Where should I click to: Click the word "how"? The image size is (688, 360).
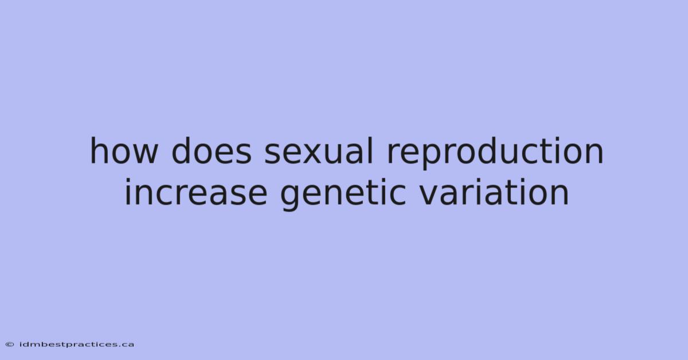(x=124, y=151)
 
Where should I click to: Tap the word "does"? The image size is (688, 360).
(x=212, y=151)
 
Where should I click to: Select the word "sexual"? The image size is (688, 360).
(x=319, y=151)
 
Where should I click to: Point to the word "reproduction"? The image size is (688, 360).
(x=495, y=152)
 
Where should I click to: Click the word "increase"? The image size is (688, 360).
(x=196, y=191)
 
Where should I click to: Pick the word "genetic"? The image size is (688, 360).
(x=343, y=194)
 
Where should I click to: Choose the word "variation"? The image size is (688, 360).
(x=494, y=191)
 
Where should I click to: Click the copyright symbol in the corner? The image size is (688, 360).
(x=10, y=345)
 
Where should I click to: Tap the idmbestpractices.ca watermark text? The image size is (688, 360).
(x=76, y=345)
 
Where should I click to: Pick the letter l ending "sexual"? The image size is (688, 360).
(x=371, y=150)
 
